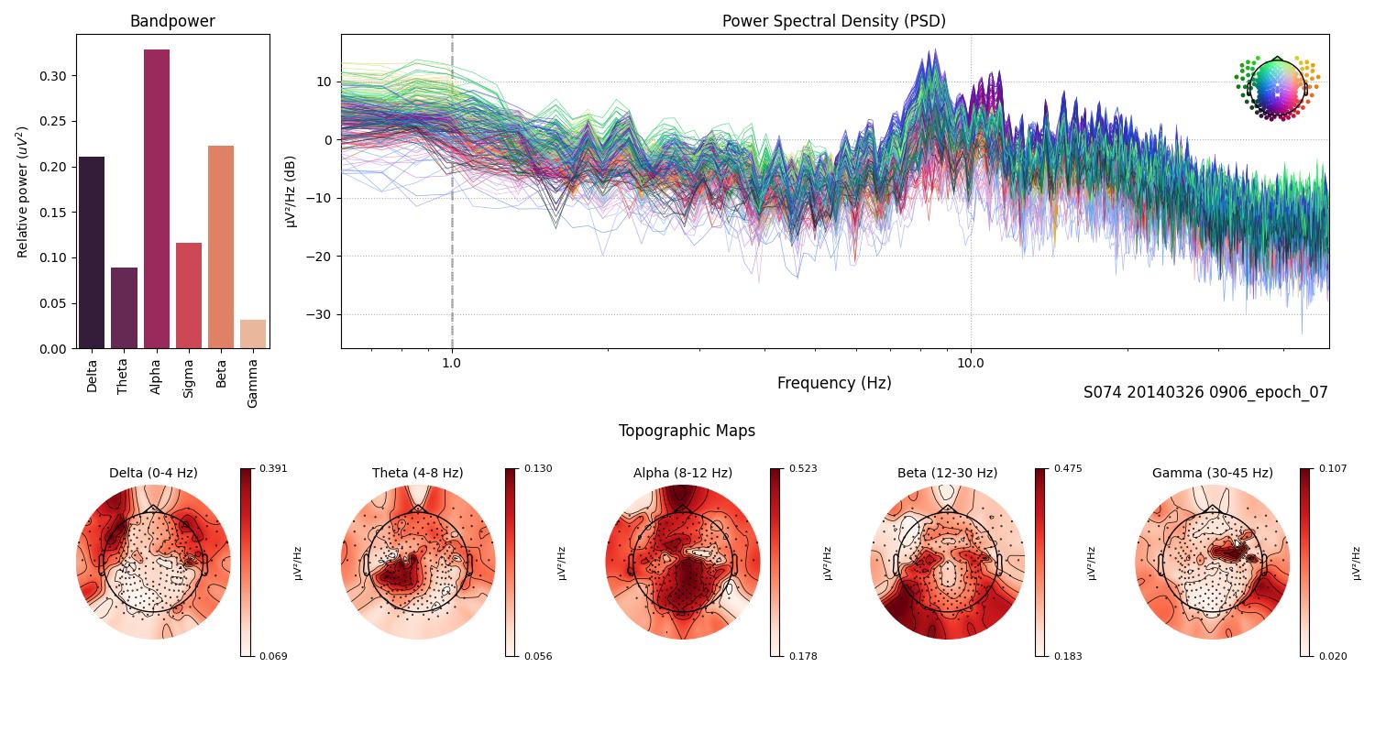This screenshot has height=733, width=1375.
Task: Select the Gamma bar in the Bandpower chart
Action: coord(253,334)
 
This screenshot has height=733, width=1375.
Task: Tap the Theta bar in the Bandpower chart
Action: coord(124,308)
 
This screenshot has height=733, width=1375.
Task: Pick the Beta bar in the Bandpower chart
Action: coord(221,247)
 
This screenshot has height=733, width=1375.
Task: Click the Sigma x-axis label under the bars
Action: coord(189,378)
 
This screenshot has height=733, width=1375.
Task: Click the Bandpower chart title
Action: coord(172,21)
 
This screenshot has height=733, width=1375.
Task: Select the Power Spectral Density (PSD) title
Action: coord(833,21)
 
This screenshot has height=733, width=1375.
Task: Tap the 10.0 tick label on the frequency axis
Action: coord(971,362)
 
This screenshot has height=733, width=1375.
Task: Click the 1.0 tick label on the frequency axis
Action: coord(451,362)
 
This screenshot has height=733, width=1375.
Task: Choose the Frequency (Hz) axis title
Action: coord(833,383)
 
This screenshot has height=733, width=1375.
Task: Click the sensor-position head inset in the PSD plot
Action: coord(1276,88)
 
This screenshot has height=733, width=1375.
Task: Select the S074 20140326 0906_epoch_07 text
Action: coord(1204,392)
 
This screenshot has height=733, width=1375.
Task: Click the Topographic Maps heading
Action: coord(687,431)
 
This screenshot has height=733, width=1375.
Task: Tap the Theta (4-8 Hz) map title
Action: coord(417,473)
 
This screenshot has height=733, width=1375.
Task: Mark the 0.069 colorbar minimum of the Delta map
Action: coord(272,656)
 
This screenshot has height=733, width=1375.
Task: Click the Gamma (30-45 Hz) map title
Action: coord(1212,473)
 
